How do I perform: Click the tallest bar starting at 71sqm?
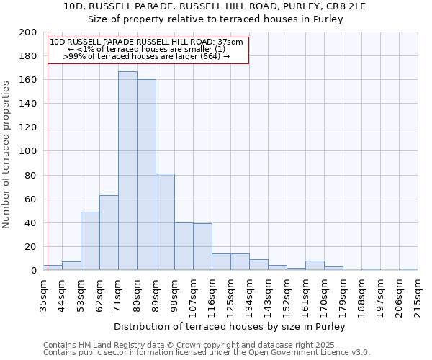tap(127, 171)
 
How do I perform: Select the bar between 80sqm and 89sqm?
tap(146, 175)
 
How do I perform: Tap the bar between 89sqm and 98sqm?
tap(165, 222)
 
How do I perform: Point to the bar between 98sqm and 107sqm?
tap(184, 246)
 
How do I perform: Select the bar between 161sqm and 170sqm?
tap(315, 266)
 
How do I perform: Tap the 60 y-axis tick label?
tap(31, 199)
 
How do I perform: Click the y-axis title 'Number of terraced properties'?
tap(7, 154)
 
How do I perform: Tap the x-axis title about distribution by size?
tap(230, 326)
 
